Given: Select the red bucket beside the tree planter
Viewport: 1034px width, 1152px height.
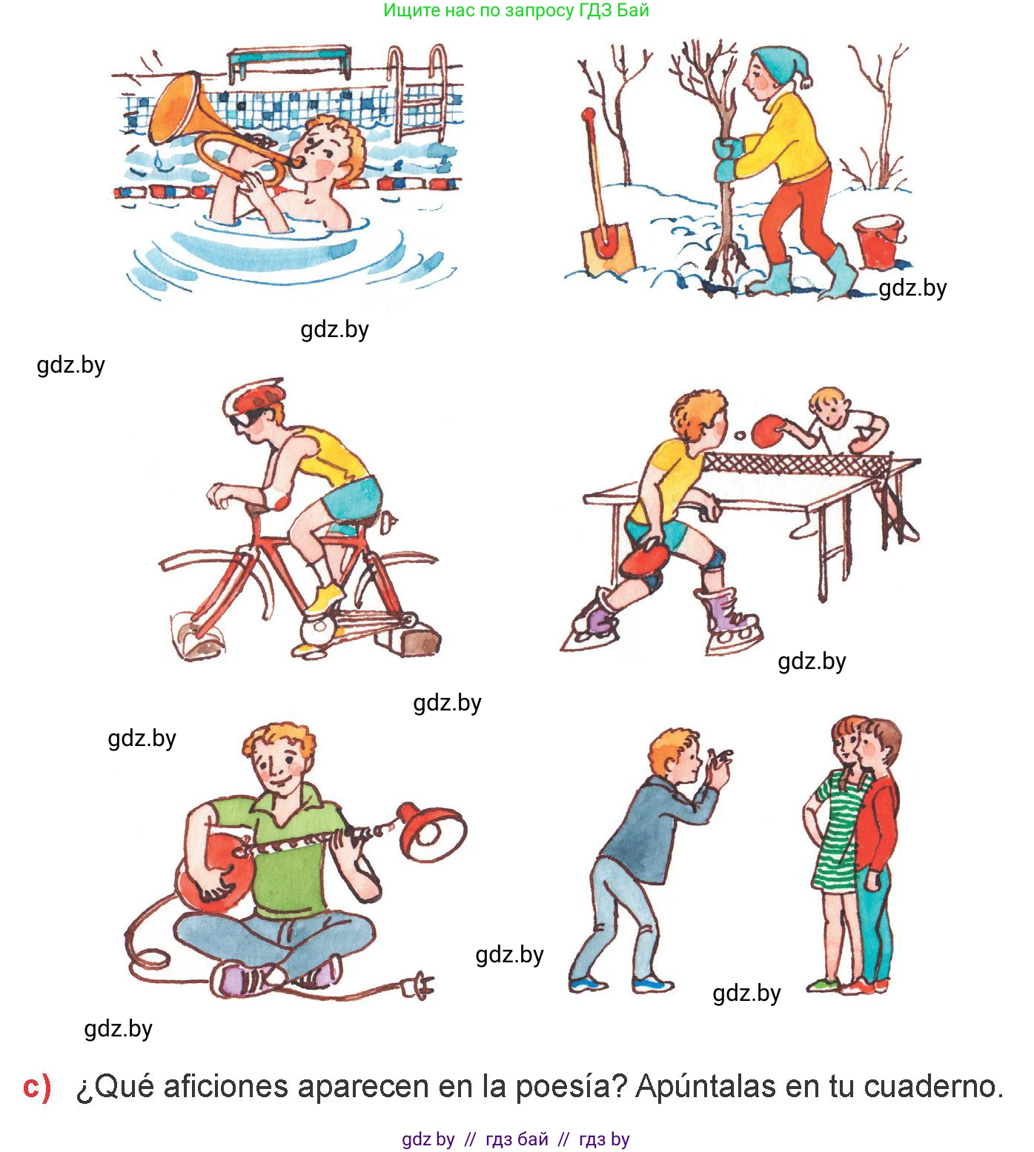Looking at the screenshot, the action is tap(879, 242).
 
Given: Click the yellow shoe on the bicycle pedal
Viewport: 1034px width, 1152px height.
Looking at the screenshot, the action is tap(325, 597).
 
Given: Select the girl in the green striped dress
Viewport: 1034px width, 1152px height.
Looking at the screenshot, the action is tap(840, 852).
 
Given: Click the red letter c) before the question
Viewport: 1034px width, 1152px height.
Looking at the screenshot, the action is tap(36, 1087).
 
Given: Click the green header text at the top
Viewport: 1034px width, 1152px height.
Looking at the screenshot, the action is tap(516, 10).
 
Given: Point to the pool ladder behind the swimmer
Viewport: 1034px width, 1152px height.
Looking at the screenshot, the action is tap(418, 93).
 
